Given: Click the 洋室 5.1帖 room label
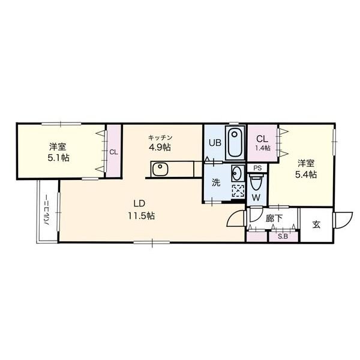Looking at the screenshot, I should (x=58, y=152).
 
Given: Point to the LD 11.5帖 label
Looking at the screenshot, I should (x=141, y=210).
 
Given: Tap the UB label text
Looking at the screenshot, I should (x=214, y=143).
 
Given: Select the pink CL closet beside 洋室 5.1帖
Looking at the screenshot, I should (x=113, y=152).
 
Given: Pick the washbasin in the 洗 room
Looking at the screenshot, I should (x=237, y=173).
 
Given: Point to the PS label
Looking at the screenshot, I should (x=257, y=168).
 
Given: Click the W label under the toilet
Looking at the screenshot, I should (x=256, y=196).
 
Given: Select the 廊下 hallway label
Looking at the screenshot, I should (x=274, y=220).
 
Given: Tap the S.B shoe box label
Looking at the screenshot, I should (x=282, y=236).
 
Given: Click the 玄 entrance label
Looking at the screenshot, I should (x=316, y=225).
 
